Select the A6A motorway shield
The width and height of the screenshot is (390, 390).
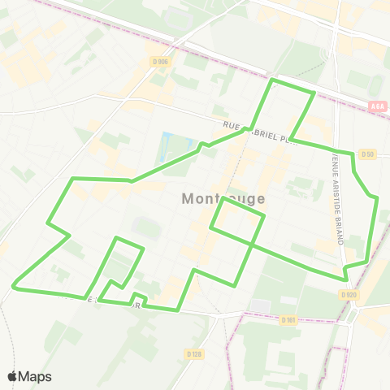click(376, 106)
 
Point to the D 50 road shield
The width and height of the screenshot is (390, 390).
click(368, 154)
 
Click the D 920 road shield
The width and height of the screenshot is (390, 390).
click(349, 294)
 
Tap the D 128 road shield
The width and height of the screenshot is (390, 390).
click(193, 353)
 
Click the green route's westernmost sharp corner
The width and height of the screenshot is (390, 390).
click(14, 285)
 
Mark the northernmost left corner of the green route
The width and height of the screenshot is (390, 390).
click(273, 80)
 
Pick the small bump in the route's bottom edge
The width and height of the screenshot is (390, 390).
click(138, 295)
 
